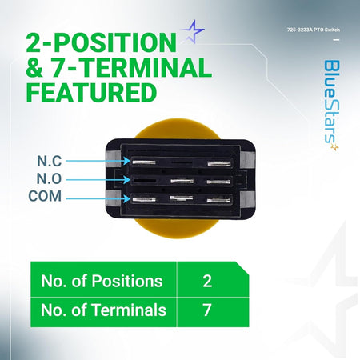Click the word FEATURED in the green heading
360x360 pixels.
coord(91,93)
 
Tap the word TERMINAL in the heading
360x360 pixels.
coord(132,67)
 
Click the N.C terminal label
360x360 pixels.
coord(50,161)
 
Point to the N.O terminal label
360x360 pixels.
coord(49,178)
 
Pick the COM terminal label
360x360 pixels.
coord(45,196)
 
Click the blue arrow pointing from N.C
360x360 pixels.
coord(98,161)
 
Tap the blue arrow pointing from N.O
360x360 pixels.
coord(98,180)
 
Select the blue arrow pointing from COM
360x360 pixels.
coord(98,198)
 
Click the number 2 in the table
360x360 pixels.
coord(207,281)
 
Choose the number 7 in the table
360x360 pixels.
coord(207,310)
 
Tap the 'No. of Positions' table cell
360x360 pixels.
coord(103,279)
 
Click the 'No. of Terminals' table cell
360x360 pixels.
coord(103,312)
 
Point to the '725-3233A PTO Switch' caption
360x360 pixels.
coord(314,30)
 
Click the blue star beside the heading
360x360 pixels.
coord(193,31)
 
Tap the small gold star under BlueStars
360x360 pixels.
coord(334,147)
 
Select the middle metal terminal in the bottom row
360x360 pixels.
coord(182,198)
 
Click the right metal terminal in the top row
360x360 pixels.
coord(219,163)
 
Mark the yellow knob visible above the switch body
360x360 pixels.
coord(177,130)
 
